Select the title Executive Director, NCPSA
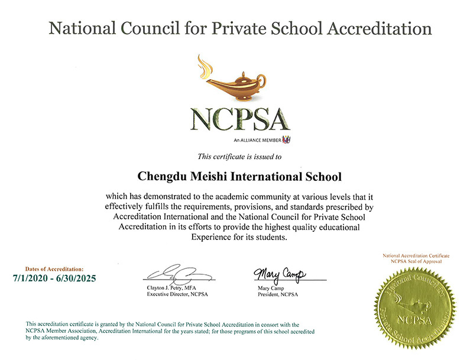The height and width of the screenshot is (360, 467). coord(177,294)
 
